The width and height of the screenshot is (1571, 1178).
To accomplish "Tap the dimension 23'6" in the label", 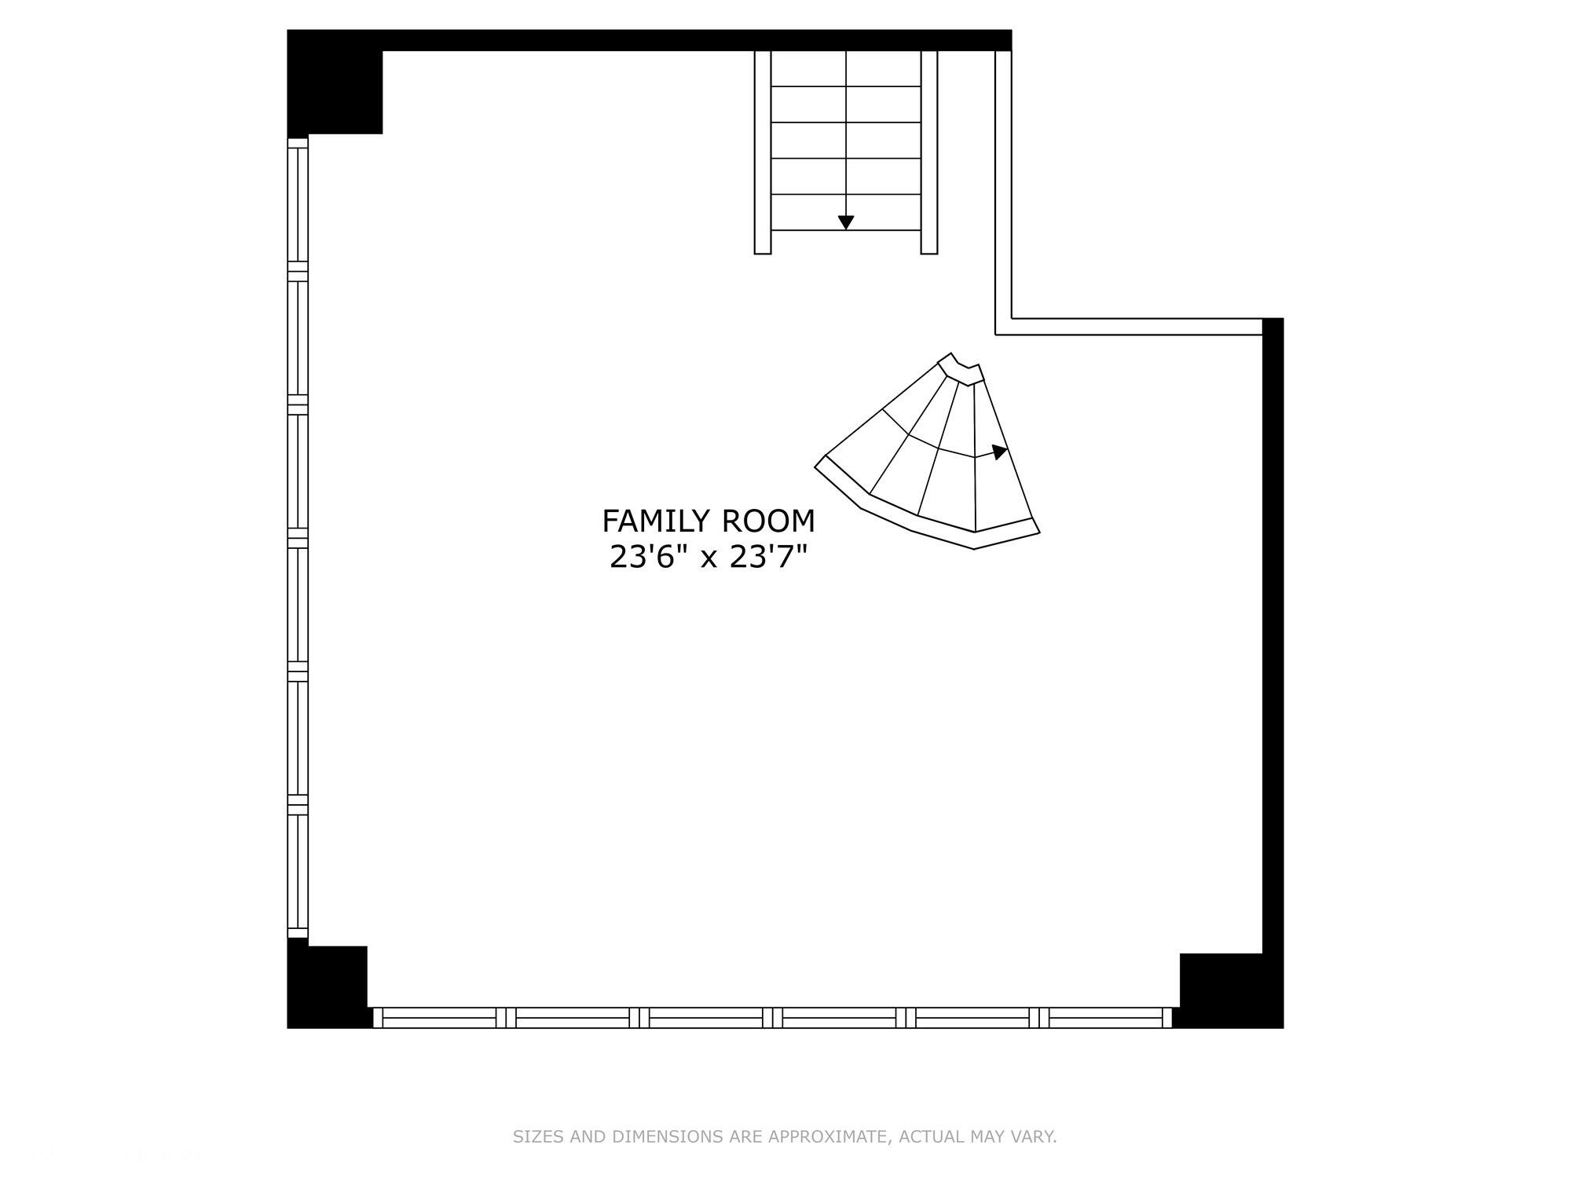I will (x=643, y=558).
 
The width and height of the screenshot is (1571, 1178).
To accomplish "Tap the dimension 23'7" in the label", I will (x=769, y=558).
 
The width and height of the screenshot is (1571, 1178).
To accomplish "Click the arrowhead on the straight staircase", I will (x=846, y=222).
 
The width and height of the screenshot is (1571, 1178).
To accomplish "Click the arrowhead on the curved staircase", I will (x=999, y=452).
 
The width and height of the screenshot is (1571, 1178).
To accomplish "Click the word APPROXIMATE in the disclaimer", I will (x=827, y=1136).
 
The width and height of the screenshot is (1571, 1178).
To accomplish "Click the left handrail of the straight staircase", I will (x=763, y=152).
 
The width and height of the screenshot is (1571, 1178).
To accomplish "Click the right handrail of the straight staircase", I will (x=929, y=152).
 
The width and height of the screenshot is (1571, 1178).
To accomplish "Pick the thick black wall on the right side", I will (x=1273, y=628).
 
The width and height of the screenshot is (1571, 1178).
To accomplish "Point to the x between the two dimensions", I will (x=709, y=559).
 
